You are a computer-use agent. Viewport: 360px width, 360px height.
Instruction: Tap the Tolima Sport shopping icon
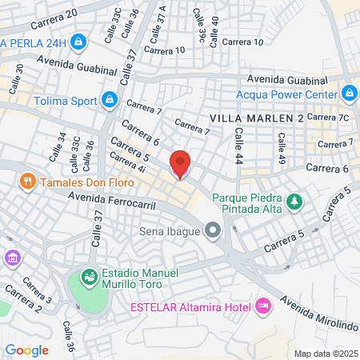click(110, 100)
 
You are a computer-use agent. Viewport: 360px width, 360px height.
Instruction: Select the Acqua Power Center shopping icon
click(349, 94)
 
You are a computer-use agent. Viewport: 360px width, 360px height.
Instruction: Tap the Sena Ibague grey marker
click(213, 232)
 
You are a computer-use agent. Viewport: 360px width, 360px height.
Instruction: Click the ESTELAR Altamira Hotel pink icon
click(262, 306)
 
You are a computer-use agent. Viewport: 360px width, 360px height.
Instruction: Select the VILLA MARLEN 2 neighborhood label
click(256, 118)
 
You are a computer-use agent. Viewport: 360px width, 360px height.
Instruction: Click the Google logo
click(27, 350)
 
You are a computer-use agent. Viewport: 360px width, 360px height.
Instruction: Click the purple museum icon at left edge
click(12, 258)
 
